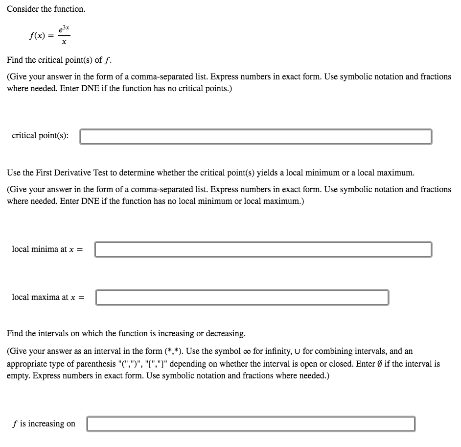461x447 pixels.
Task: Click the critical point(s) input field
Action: [255, 136]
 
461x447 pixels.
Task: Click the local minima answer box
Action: [263, 249]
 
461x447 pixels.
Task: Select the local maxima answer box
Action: [242, 297]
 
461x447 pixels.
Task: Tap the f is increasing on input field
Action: [251, 423]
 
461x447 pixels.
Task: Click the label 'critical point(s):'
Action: [40, 135]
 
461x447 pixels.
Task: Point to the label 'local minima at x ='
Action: [47, 249]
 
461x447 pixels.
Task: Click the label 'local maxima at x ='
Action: [48, 297]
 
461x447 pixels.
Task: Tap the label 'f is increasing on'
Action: [44, 423]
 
